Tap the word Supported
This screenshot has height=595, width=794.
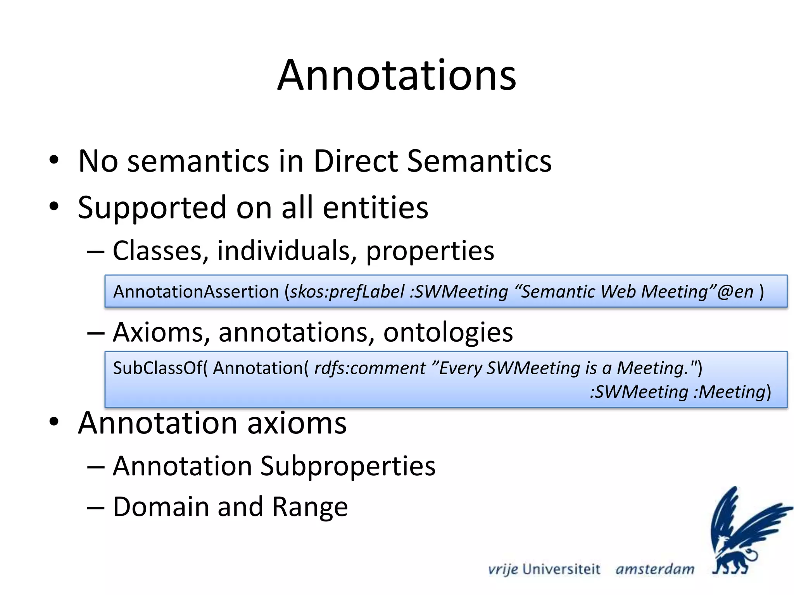pyautogui.click(x=152, y=208)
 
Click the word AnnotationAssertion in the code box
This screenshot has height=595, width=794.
pyautogui.click(x=196, y=292)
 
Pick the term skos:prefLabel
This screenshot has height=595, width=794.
pyautogui.click(x=347, y=292)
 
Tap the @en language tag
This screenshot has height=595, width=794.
pyautogui.click(x=735, y=292)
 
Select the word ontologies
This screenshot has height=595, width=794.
pyautogui.click(x=448, y=332)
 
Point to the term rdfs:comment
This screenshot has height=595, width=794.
pyautogui.click(x=370, y=368)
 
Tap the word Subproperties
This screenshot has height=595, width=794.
pyautogui.click(x=348, y=466)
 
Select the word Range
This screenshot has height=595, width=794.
pyautogui.click(x=310, y=507)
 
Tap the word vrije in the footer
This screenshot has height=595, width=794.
pyautogui.click(x=503, y=569)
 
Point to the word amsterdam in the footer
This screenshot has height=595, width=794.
pyautogui.click(x=655, y=569)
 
